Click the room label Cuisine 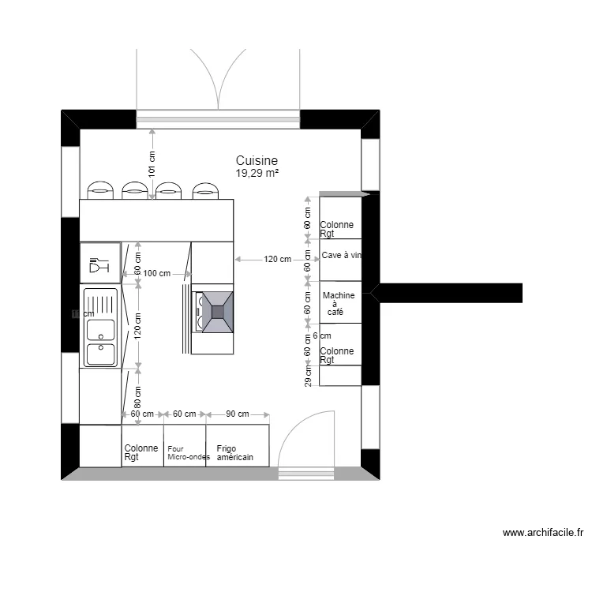coord(257,160)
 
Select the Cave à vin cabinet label coord(341,255)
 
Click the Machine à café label coord(339,303)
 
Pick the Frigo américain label coord(235,453)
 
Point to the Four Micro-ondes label coord(188,453)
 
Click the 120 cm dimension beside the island coord(277,259)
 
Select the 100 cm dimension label coord(157,274)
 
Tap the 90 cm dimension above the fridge coord(238,414)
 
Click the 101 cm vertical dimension coord(152,166)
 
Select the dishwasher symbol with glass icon coord(99,263)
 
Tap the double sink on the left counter coord(100,327)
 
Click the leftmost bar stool coord(100,189)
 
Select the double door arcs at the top coord(218,75)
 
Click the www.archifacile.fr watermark coord(543,534)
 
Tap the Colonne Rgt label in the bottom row coord(141,452)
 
